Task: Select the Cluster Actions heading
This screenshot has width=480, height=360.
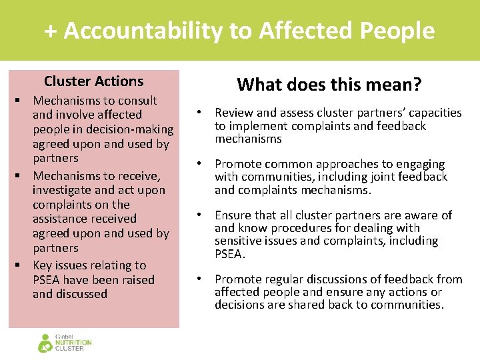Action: [93, 81]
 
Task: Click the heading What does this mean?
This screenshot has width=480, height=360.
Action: [329, 85]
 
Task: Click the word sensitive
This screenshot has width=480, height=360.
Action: [239, 241]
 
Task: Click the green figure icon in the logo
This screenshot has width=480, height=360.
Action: [45, 343]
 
